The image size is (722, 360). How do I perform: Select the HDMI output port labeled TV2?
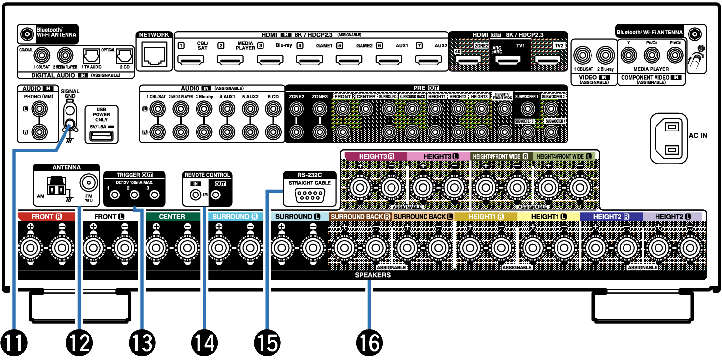548,62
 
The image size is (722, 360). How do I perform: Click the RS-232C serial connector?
309,195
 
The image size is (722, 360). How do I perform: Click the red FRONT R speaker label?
47,217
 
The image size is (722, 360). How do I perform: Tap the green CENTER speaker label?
172,217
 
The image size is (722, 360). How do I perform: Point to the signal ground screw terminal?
71,124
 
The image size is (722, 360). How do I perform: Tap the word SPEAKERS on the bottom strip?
372,275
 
